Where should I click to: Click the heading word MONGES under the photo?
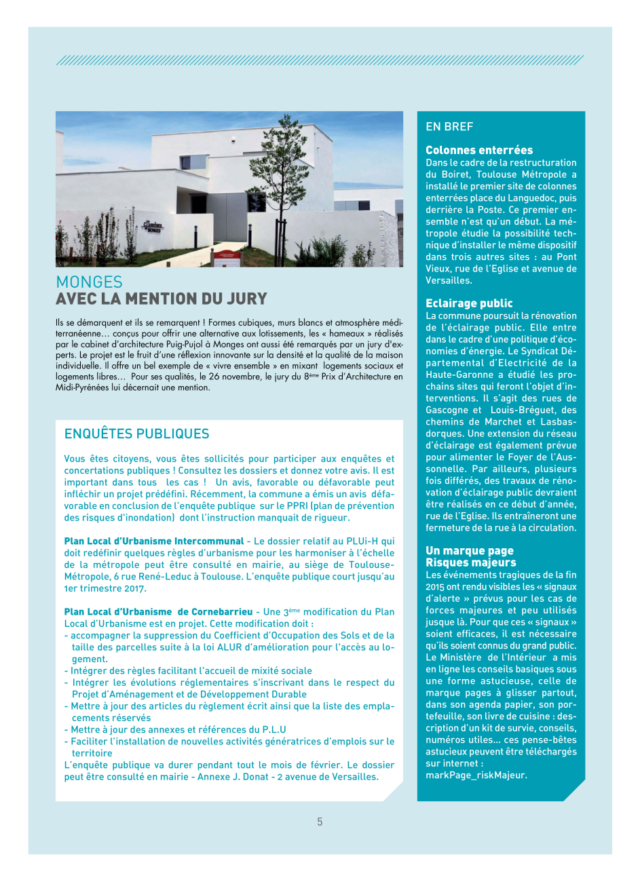tap(89, 282)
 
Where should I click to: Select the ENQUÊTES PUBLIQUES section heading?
tap(136, 434)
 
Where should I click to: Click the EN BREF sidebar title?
tap(449, 127)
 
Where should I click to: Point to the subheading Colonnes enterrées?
tap(479, 151)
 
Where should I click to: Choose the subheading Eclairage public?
tap(469, 303)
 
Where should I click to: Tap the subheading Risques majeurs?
tap(470, 562)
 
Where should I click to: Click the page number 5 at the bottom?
tap(320, 822)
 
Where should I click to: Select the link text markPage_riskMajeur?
tap(476, 775)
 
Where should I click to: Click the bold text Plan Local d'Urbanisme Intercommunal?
tap(154, 541)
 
